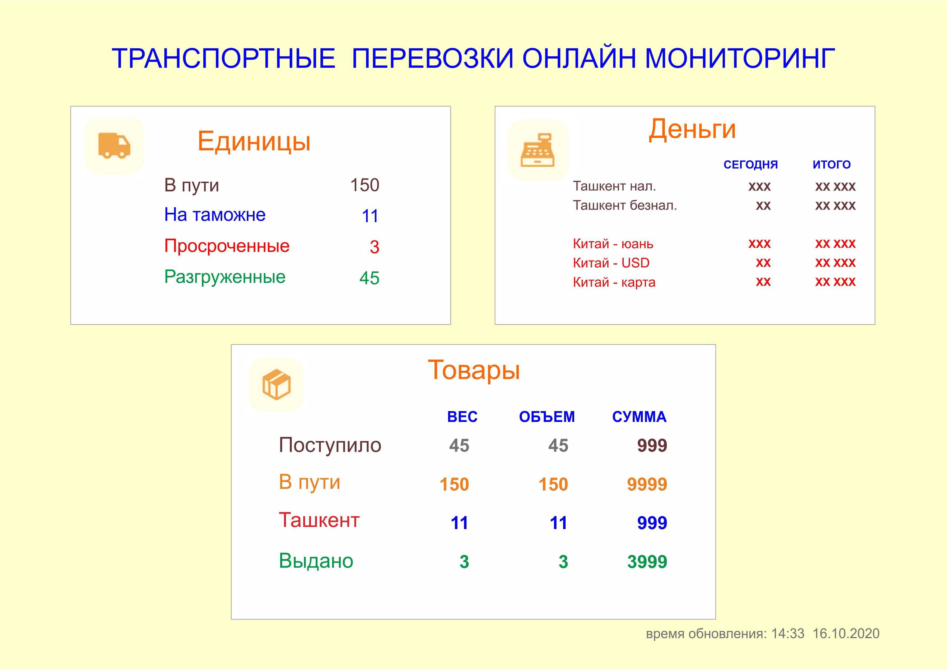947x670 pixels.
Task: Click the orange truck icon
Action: tap(114, 145)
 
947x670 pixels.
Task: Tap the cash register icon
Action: tap(537, 150)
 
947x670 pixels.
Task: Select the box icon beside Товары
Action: tap(276, 384)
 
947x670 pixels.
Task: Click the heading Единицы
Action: tap(254, 141)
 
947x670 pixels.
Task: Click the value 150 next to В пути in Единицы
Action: tap(365, 185)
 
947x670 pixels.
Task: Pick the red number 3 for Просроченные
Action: tap(374, 247)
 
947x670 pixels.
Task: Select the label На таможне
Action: tap(215, 215)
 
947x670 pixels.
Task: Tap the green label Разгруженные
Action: tap(225, 277)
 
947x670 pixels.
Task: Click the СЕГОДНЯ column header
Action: tap(751, 165)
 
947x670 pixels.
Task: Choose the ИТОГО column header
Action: tap(831, 165)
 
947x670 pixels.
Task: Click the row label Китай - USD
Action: tap(611, 263)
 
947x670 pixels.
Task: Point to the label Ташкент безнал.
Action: tap(625, 205)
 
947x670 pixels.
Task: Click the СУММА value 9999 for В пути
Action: tap(647, 484)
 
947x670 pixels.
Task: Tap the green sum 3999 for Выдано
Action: tap(647, 562)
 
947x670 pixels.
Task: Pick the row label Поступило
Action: tap(330, 445)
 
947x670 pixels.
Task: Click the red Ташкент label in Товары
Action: tap(319, 520)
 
